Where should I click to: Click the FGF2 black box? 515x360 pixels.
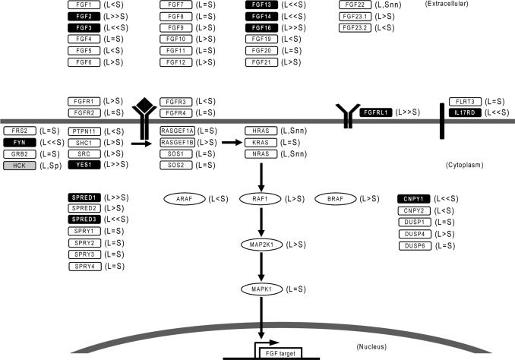[84, 16]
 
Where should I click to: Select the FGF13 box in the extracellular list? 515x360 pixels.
[262, 5]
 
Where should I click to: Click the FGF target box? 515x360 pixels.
[280, 353]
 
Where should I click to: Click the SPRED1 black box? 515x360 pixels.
[84, 197]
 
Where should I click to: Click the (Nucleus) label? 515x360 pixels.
[374, 346]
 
